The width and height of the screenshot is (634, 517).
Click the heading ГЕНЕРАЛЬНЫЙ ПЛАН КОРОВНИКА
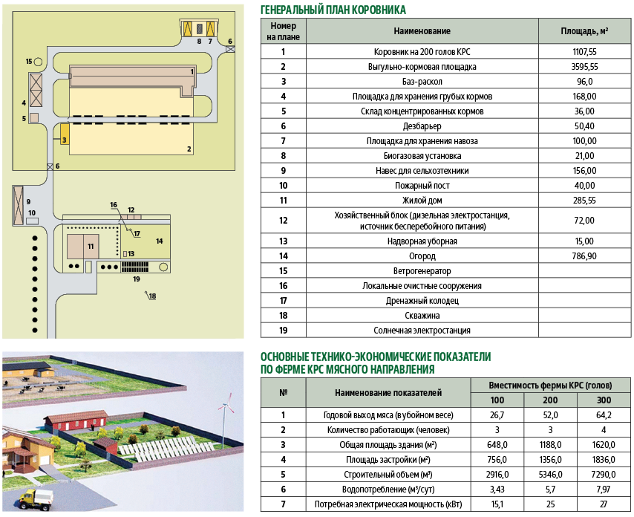tap(333, 10)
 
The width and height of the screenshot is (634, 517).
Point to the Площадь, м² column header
tap(584, 31)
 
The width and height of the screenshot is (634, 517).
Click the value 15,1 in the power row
tap(497, 505)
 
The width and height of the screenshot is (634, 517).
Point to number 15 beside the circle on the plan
tap(29, 61)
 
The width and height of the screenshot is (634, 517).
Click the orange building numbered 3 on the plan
tap(65, 138)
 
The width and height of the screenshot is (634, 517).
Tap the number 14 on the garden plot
tap(159, 241)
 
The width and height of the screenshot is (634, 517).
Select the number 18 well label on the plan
tap(152, 297)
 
